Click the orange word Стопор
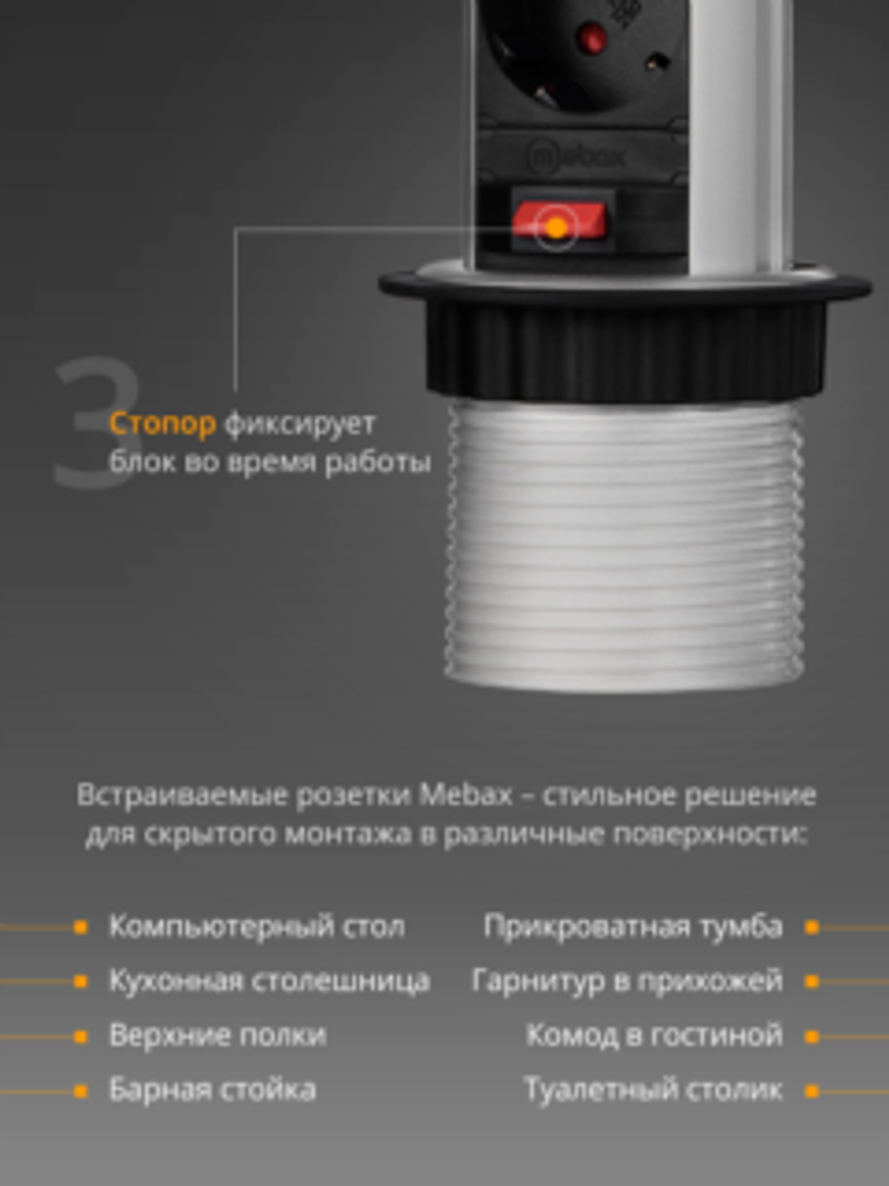pos(162,424)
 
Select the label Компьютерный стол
pos(256,926)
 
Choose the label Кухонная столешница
pos(269,980)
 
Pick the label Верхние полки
pos(217,1036)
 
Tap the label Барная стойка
pos(212,1090)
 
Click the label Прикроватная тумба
pos(633,926)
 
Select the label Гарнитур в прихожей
pos(627,980)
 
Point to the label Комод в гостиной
pos(654,1036)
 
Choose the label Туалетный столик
pos(653,1090)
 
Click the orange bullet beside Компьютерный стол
pos(81,927)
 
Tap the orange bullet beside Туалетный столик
pos(811,1091)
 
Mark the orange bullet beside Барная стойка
pos(81,1091)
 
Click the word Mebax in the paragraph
pos(465,794)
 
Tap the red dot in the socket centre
pos(591,39)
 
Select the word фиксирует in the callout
pos(300,424)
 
